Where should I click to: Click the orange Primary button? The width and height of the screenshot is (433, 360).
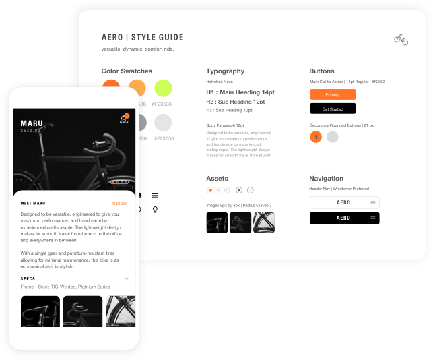point(333,94)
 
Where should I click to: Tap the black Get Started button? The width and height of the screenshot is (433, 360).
point(333,109)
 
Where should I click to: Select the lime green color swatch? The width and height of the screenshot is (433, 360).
point(163,88)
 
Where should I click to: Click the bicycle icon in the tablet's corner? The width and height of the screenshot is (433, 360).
point(401,40)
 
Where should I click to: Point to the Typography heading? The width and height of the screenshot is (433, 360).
point(225,71)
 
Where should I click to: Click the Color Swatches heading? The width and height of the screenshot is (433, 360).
point(127,71)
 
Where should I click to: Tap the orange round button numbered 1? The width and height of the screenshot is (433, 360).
point(315,137)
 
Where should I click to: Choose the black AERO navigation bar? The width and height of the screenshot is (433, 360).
point(344,218)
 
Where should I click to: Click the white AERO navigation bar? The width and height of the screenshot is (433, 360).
point(344,202)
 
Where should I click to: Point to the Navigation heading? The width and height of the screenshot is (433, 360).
point(327,179)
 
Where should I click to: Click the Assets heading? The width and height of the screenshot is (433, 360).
point(217,179)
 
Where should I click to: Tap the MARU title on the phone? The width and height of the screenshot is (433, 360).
point(32,123)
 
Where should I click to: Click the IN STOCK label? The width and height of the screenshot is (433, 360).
point(119,202)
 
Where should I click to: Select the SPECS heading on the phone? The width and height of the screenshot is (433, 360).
point(28,278)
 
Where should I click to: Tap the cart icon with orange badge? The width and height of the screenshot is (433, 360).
point(124,120)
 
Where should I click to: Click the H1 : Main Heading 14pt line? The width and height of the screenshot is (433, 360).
point(240,92)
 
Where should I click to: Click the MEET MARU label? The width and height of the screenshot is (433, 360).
point(32,202)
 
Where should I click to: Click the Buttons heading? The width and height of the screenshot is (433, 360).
point(322,71)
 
